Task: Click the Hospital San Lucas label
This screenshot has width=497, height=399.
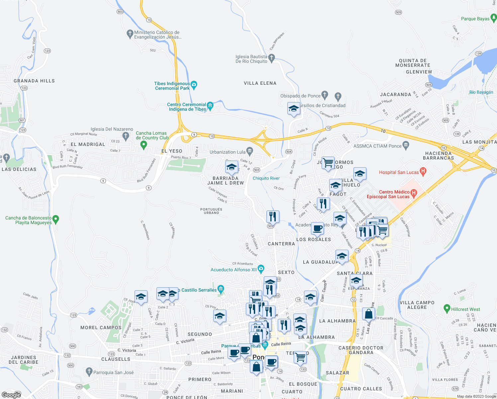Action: (399, 172)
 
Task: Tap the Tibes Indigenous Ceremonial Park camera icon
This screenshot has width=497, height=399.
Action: (194, 85)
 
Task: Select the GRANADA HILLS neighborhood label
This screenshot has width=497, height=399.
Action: (34, 81)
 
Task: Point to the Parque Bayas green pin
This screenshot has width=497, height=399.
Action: (494, 18)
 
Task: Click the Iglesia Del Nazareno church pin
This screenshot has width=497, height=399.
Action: (126, 135)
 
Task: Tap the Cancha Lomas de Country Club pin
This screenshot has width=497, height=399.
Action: (144, 145)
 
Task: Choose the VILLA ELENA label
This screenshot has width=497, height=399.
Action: (260, 83)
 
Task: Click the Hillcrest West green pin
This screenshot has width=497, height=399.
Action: (447, 309)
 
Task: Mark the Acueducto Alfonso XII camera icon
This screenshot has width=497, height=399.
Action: (261, 268)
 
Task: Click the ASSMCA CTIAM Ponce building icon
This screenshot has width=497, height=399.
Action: (405, 145)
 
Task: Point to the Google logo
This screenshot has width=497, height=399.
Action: (11, 395)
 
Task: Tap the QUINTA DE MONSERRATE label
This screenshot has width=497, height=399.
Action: (413, 63)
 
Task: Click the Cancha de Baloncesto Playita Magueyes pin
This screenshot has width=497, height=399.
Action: (56, 219)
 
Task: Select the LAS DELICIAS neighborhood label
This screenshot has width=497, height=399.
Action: (19, 169)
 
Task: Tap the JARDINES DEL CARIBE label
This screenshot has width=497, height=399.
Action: (24, 360)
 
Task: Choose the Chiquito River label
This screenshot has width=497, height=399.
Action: (266, 178)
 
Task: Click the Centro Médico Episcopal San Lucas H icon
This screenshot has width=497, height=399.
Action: (414, 193)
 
